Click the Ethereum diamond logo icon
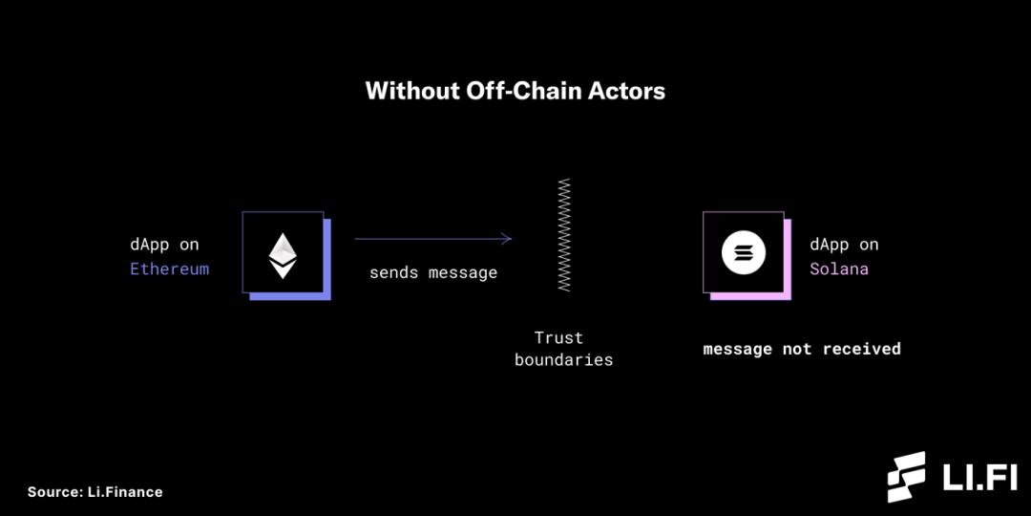282,253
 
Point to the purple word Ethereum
169,269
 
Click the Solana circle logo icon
743,253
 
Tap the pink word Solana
839,269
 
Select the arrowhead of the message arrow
507,239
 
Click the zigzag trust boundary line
564,234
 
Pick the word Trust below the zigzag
558,337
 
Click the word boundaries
563,360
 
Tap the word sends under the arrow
393,272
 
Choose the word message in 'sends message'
462,272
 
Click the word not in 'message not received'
797,349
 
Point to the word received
861,349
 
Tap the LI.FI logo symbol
906,477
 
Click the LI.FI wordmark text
979,477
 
